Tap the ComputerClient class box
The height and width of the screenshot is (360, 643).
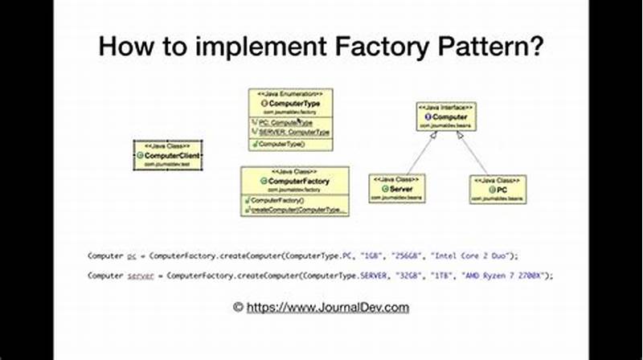tap(167, 155)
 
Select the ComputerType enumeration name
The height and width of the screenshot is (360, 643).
tap(290, 104)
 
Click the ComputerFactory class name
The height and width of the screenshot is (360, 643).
tap(298, 182)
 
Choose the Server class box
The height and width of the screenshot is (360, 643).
tap(396, 189)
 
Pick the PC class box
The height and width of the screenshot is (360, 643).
tap(498, 189)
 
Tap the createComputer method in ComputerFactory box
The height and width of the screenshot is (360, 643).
tap(298, 210)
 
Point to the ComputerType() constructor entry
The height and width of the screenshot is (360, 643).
tap(281, 144)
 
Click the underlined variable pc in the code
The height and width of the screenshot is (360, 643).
tap(132, 256)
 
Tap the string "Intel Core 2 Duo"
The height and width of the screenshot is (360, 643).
tap(474, 256)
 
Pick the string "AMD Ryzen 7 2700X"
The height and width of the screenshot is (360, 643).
tap(505, 276)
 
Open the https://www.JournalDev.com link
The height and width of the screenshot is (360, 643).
tap(327, 307)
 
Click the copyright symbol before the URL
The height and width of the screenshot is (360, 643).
tap(238, 307)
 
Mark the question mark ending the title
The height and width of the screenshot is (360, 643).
tap(535, 46)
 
